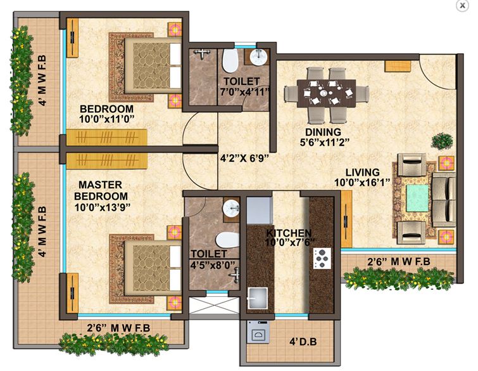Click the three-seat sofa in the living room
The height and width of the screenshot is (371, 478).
click(x=443, y=198)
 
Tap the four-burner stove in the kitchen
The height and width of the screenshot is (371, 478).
click(x=322, y=257)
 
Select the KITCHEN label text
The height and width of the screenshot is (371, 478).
click(x=289, y=233)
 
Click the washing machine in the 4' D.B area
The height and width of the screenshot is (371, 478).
click(x=259, y=332)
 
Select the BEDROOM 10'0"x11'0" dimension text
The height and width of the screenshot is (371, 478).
click(x=106, y=119)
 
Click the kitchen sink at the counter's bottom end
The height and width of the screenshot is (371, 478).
click(x=258, y=297)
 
